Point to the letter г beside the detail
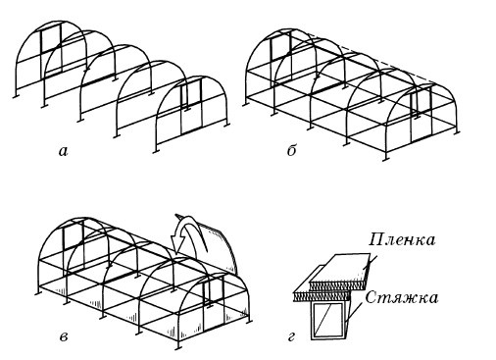click(x=291, y=337)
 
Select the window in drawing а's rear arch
click(x=49, y=44)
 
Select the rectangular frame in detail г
click(x=329, y=320)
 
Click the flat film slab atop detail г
click(x=339, y=270)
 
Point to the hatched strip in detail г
click(x=328, y=291)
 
